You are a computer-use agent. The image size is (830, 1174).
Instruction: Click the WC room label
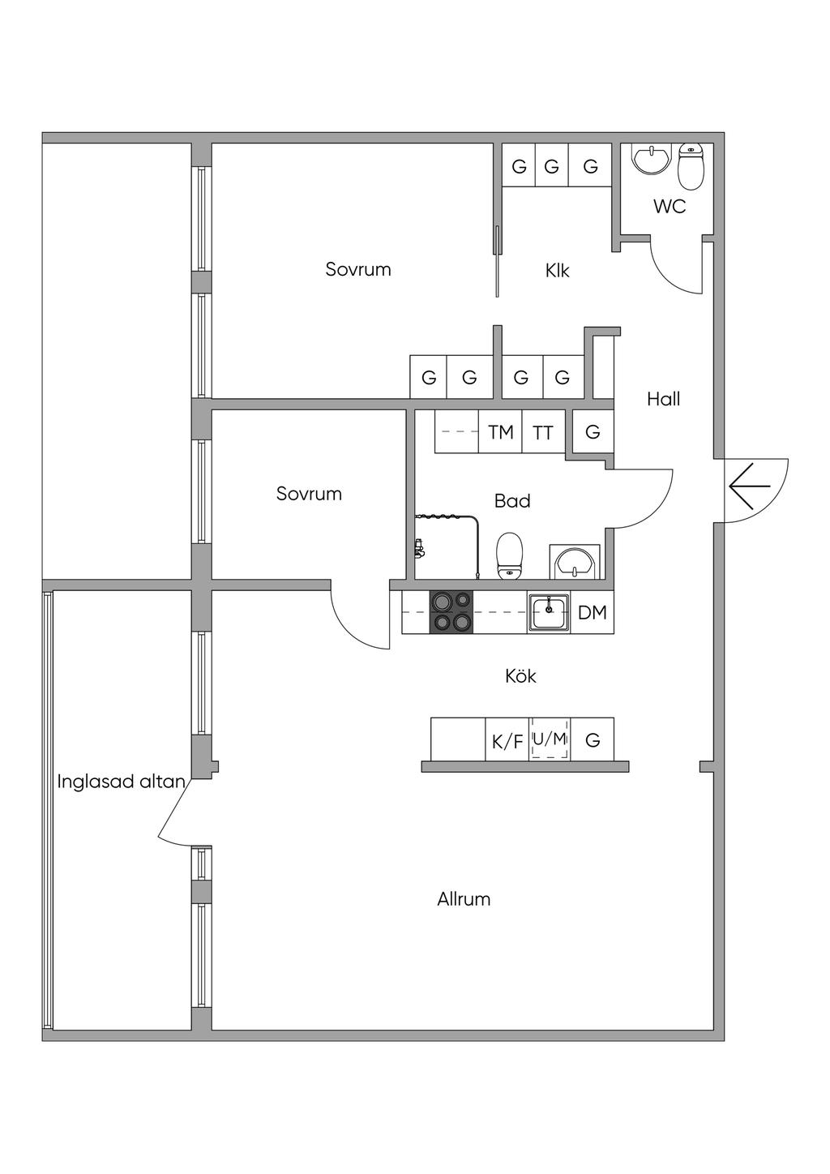[x=670, y=207]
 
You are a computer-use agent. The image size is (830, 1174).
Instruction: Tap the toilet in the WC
[x=690, y=165]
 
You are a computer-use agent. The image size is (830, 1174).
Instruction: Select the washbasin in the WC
[x=651, y=160]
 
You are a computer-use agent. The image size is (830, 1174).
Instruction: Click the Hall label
[x=663, y=399]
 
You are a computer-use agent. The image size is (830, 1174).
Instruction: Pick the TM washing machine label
[x=501, y=432]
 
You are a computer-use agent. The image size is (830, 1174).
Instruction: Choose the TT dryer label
[x=543, y=433]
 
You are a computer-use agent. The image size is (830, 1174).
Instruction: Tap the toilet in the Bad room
[x=510, y=555]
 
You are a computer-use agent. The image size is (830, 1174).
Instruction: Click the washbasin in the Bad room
[x=575, y=561]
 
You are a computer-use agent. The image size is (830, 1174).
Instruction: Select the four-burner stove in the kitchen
[x=451, y=611]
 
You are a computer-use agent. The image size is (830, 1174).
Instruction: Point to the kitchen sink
[x=550, y=612]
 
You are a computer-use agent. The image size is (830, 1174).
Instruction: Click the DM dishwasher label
[x=593, y=613]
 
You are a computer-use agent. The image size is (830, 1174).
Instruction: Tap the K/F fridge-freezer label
[x=507, y=741]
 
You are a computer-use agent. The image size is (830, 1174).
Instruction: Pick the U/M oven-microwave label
[x=550, y=739]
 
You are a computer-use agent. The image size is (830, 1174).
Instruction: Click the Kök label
[x=520, y=676]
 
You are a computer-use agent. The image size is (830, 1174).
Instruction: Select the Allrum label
[x=464, y=899]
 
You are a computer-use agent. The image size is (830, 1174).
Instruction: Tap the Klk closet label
[x=558, y=271]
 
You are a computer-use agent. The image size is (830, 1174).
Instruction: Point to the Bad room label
[x=512, y=501]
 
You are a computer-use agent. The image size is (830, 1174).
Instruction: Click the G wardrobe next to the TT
[x=593, y=432]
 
